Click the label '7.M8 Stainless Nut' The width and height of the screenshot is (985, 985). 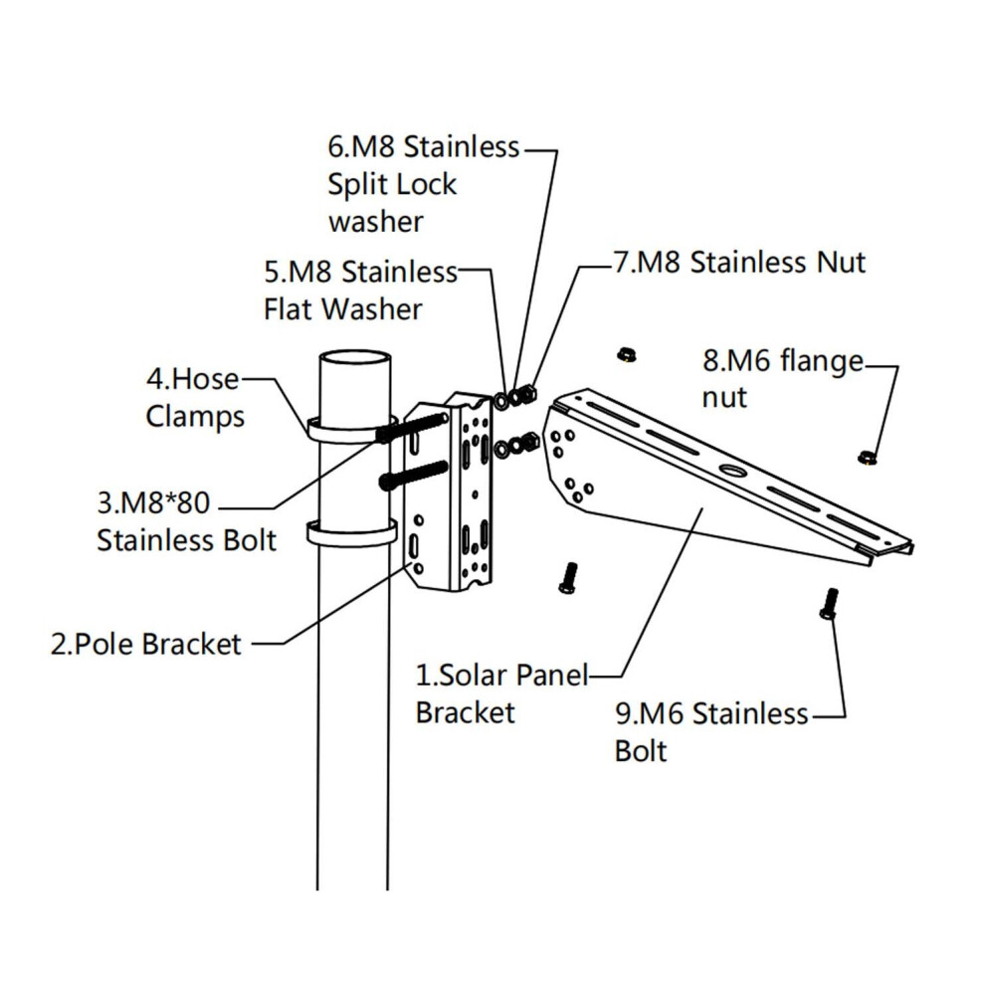click(x=739, y=262)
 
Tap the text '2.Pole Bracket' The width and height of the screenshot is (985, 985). click(x=145, y=645)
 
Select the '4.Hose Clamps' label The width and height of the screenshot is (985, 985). click(x=195, y=398)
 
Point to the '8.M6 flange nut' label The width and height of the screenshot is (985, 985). click(x=783, y=379)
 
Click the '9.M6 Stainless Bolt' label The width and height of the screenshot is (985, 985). click(x=711, y=732)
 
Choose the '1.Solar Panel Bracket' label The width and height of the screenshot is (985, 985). click(x=501, y=693)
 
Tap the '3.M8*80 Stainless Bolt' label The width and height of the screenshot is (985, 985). click(x=187, y=521)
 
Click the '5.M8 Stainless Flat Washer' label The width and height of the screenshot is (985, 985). click(x=360, y=291)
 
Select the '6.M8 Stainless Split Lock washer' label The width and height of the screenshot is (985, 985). click(x=424, y=183)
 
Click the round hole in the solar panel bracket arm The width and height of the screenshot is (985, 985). click(x=732, y=470)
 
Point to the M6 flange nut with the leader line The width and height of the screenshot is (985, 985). click(x=868, y=458)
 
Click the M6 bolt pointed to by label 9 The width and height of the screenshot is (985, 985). click(x=829, y=603)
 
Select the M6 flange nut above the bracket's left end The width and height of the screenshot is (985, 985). click(x=626, y=354)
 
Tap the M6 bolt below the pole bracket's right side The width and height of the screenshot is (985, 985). click(x=568, y=577)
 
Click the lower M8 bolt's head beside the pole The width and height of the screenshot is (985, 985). click(x=386, y=483)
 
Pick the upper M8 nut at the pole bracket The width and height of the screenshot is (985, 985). click(x=527, y=395)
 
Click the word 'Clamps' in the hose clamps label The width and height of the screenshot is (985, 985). click(x=195, y=417)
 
